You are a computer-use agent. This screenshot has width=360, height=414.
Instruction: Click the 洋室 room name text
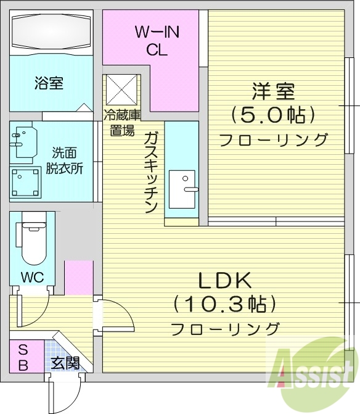272,93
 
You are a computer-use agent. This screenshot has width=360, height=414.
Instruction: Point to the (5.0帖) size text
272,115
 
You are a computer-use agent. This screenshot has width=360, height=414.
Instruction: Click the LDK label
224,281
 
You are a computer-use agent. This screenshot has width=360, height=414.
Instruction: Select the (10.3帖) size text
224,304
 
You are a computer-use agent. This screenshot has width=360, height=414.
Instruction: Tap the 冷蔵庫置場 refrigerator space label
121,122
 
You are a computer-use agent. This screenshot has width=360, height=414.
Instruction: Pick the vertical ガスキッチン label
152,172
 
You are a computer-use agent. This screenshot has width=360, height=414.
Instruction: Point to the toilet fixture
32,241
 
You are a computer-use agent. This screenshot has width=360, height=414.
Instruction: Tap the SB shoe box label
23,357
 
